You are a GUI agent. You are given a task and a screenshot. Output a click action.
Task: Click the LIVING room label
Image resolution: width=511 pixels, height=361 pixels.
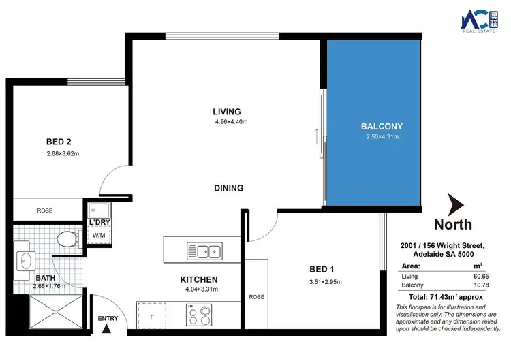(x=227, y=112)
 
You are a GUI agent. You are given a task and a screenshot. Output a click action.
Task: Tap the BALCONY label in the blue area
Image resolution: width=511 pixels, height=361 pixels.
(x=382, y=126)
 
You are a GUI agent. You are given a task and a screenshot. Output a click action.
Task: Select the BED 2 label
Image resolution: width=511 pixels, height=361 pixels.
(x=59, y=142)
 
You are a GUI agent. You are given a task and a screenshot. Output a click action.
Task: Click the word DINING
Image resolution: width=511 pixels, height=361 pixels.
(x=228, y=188)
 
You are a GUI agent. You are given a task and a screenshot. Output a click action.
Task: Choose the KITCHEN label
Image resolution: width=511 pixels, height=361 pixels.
(x=199, y=279)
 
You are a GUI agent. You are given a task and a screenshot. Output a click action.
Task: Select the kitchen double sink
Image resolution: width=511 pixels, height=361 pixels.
(x=204, y=251)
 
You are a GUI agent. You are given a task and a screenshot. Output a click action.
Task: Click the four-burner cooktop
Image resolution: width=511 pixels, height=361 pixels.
(x=200, y=315)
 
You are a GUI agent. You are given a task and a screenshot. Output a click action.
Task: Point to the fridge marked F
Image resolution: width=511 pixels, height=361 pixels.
(x=151, y=316)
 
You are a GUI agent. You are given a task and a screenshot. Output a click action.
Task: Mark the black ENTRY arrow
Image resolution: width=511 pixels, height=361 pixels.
(x=107, y=330)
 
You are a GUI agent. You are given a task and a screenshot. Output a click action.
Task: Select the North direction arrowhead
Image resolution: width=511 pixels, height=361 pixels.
(x=455, y=204)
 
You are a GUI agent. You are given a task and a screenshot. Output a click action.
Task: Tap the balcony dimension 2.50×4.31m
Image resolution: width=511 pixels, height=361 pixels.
(x=382, y=137)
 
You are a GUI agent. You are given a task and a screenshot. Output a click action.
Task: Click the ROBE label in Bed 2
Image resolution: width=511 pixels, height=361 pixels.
(x=45, y=210)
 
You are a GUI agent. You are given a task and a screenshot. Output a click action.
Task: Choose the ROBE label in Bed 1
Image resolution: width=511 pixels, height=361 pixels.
(x=257, y=297)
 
